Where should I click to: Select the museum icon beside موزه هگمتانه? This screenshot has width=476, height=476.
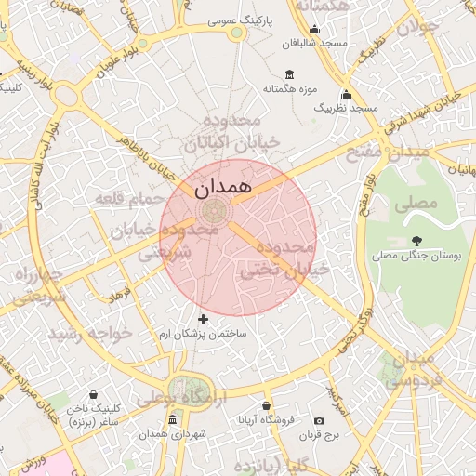290,74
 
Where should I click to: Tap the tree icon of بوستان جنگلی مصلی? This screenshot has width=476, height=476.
416,241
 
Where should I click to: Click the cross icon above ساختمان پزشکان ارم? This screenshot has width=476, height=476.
204,320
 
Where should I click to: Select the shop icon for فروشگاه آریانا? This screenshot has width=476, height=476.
267,406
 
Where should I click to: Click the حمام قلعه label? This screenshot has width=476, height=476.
128,199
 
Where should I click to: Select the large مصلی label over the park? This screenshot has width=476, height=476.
416,202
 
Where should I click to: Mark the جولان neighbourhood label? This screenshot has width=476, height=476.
416,27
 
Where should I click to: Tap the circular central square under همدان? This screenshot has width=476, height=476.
213,210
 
